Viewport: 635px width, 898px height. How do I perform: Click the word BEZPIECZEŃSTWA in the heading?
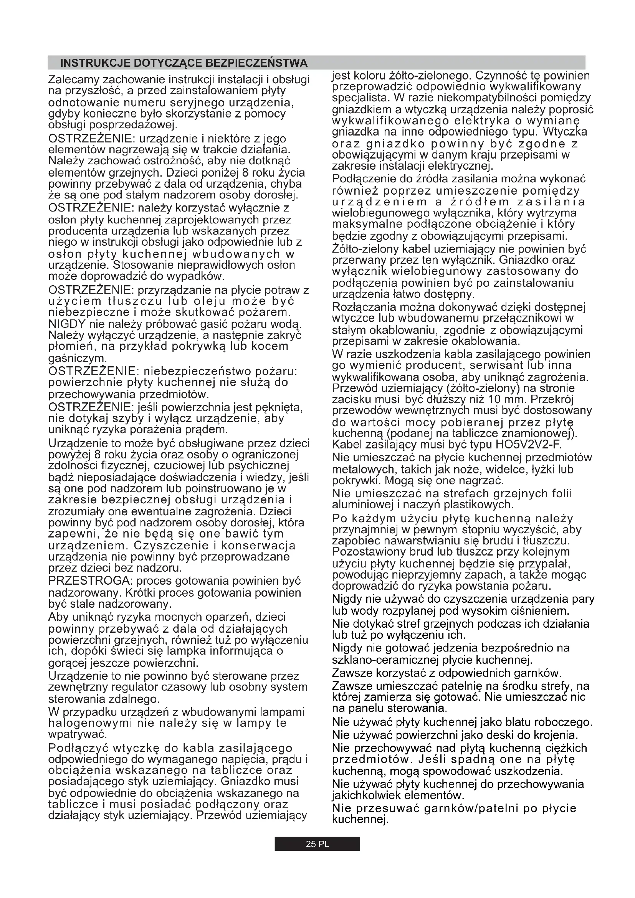[256, 63]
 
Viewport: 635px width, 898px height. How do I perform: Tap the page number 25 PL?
[317, 844]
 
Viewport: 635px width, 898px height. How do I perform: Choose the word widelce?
[519, 469]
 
